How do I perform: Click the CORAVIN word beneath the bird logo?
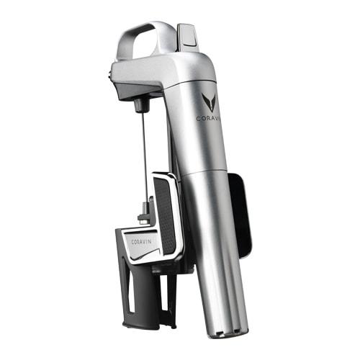tap(208, 118)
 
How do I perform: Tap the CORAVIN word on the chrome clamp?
tap(141, 242)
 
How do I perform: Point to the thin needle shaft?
tap(145, 157)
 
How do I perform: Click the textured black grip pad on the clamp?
tap(164, 215)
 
